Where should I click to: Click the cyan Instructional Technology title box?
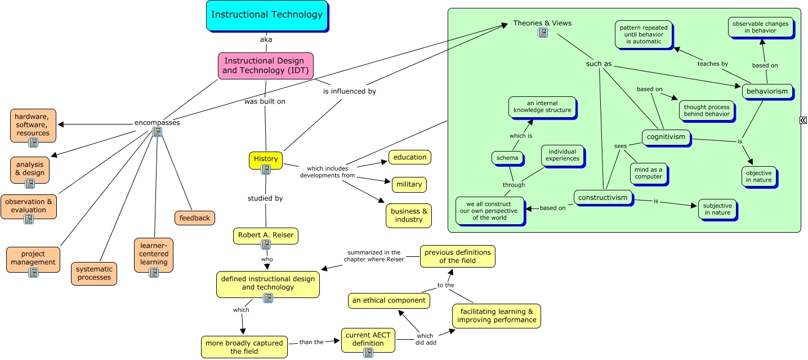[266, 15]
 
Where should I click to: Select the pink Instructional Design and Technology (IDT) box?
[265, 66]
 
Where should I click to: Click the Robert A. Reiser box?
[266, 235]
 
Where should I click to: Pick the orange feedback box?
[195, 218]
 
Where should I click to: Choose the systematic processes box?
[94, 273]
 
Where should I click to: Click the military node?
[409, 184]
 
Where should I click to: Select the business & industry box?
[409, 216]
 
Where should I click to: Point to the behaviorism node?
[767, 92]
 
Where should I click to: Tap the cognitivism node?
[666, 137]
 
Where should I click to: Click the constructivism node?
[602, 198]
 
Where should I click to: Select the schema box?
[507, 158]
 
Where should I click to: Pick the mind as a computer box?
[648, 173]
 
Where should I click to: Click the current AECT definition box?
[368, 339]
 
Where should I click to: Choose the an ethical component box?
[389, 301]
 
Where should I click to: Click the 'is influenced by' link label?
[349, 91]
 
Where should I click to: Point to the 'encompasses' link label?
[157, 123]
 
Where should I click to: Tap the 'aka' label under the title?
[266, 39]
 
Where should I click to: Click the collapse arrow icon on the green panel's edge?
[803, 120]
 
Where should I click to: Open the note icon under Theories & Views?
[542, 33]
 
